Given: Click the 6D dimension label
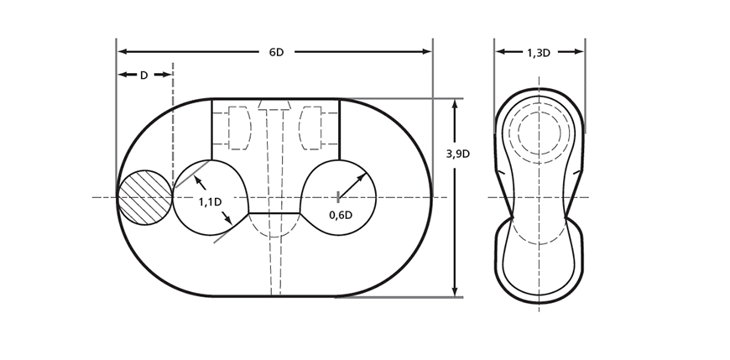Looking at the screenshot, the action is click(276, 52).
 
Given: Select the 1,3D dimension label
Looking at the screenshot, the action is click(538, 53).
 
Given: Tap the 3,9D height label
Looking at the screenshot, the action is click(457, 154).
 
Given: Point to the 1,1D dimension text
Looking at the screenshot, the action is click(210, 202).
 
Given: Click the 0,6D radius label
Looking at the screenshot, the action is click(341, 215).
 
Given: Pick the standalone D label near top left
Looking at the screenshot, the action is click(143, 75).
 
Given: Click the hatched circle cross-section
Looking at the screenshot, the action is click(145, 197).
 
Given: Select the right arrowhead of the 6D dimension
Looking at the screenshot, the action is click(426, 51).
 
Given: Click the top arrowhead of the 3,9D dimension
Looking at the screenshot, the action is click(455, 104).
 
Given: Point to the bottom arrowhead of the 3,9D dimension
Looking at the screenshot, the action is click(455, 290).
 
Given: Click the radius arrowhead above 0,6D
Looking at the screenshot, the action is click(362, 177).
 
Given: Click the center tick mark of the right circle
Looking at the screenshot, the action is click(338, 197).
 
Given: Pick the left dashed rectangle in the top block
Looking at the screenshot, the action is click(239, 128).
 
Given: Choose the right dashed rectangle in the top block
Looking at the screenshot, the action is click(310, 128).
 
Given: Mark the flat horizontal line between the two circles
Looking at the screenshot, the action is click(274, 213).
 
